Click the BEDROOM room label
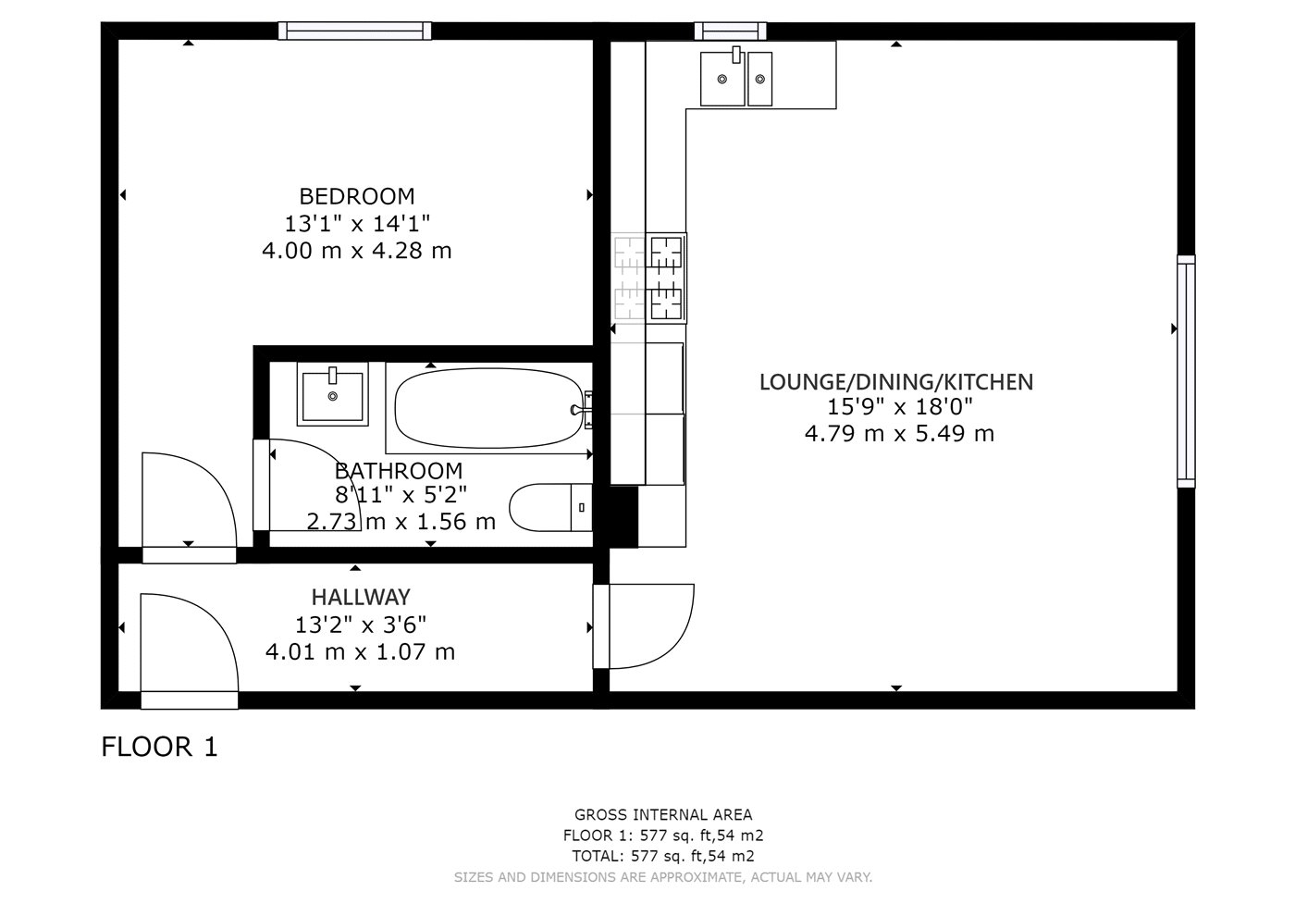click(357, 196)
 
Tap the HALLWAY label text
click(361, 597)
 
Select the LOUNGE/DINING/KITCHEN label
click(896, 382)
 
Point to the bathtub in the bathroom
click(489, 408)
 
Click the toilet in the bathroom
click(550, 508)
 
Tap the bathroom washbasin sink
click(332, 394)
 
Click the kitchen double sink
click(736, 78)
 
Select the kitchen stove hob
click(666, 278)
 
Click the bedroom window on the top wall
click(354, 31)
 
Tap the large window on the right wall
click(1186, 371)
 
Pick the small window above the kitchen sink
click(730, 31)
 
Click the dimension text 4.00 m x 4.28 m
click(357, 251)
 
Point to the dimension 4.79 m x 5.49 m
click(899, 434)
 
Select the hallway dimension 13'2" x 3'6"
click(361, 625)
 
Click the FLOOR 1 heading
click(159, 747)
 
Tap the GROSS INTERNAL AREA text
click(663, 815)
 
